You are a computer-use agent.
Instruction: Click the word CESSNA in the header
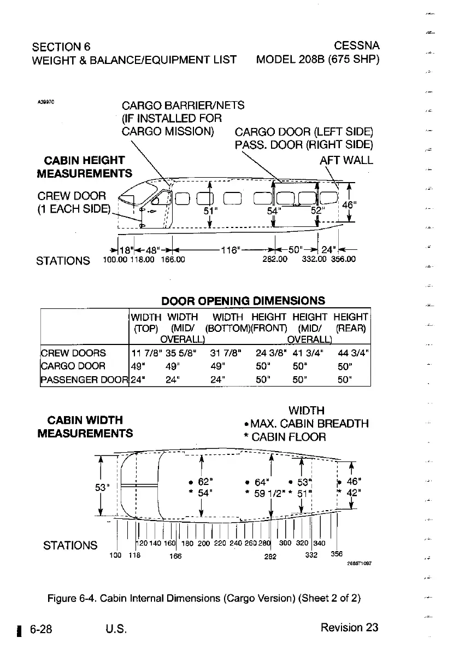pyautogui.click(x=357, y=45)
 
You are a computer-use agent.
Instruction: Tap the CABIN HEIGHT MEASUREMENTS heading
pyautogui.click(x=84, y=167)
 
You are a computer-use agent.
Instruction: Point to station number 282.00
pyautogui.click(x=275, y=260)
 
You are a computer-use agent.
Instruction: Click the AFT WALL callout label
pyautogui.click(x=346, y=160)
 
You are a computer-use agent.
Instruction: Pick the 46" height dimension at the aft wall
pyautogui.click(x=348, y=205)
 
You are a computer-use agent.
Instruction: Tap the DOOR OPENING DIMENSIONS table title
pyautogui.click(x=243, y=301)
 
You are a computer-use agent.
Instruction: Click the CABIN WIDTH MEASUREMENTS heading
pyautogui.click(x=84, y=426)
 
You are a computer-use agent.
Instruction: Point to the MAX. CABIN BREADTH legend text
pyautogui.click(x=310, y=424)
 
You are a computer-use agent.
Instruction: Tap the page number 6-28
pyautogui.click(x=41, y=628)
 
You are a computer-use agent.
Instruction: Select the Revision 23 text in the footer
pyautogui.click(x=349, y=627)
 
